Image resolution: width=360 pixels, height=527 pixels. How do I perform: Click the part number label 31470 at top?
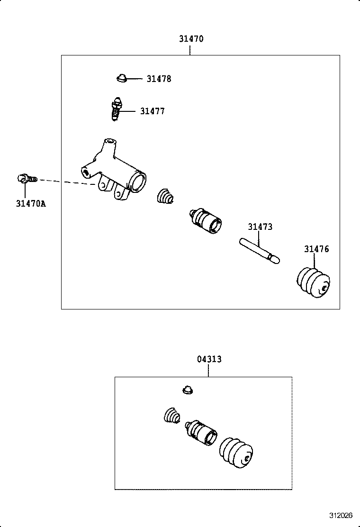191,39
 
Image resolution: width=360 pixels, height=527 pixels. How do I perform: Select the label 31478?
159,79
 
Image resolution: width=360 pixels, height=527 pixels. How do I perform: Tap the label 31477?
153,111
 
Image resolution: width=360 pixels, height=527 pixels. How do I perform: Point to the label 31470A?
31,204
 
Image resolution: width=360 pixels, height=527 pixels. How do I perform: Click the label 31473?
260,227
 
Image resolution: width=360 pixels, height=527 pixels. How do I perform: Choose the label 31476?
316,249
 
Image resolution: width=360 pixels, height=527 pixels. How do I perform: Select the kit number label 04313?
209,359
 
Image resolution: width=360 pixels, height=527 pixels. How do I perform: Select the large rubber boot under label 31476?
314,283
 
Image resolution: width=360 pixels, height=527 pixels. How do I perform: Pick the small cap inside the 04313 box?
188,390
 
